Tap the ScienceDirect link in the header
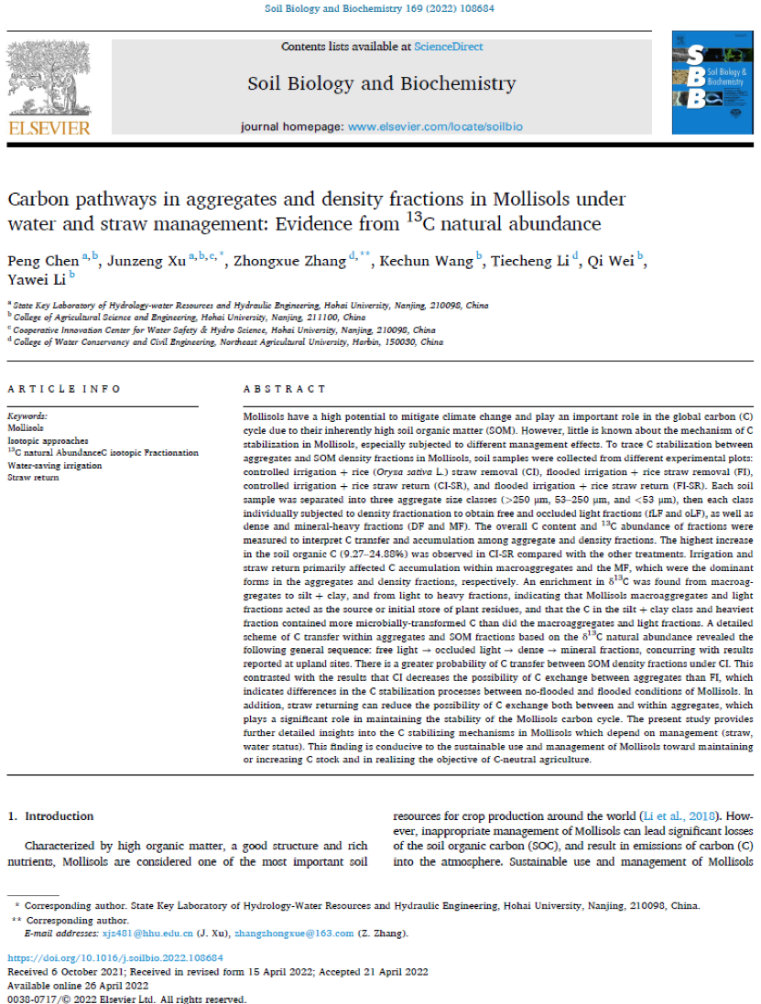click(448, 47)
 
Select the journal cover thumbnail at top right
click(708, 85)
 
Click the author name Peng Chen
click(43, 261)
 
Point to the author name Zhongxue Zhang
click(290, 261)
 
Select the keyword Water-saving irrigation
click(54, 465)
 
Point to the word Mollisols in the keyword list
click(25, 427)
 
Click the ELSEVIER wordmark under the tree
click(49, 128)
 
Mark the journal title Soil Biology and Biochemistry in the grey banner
click(382, 83)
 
